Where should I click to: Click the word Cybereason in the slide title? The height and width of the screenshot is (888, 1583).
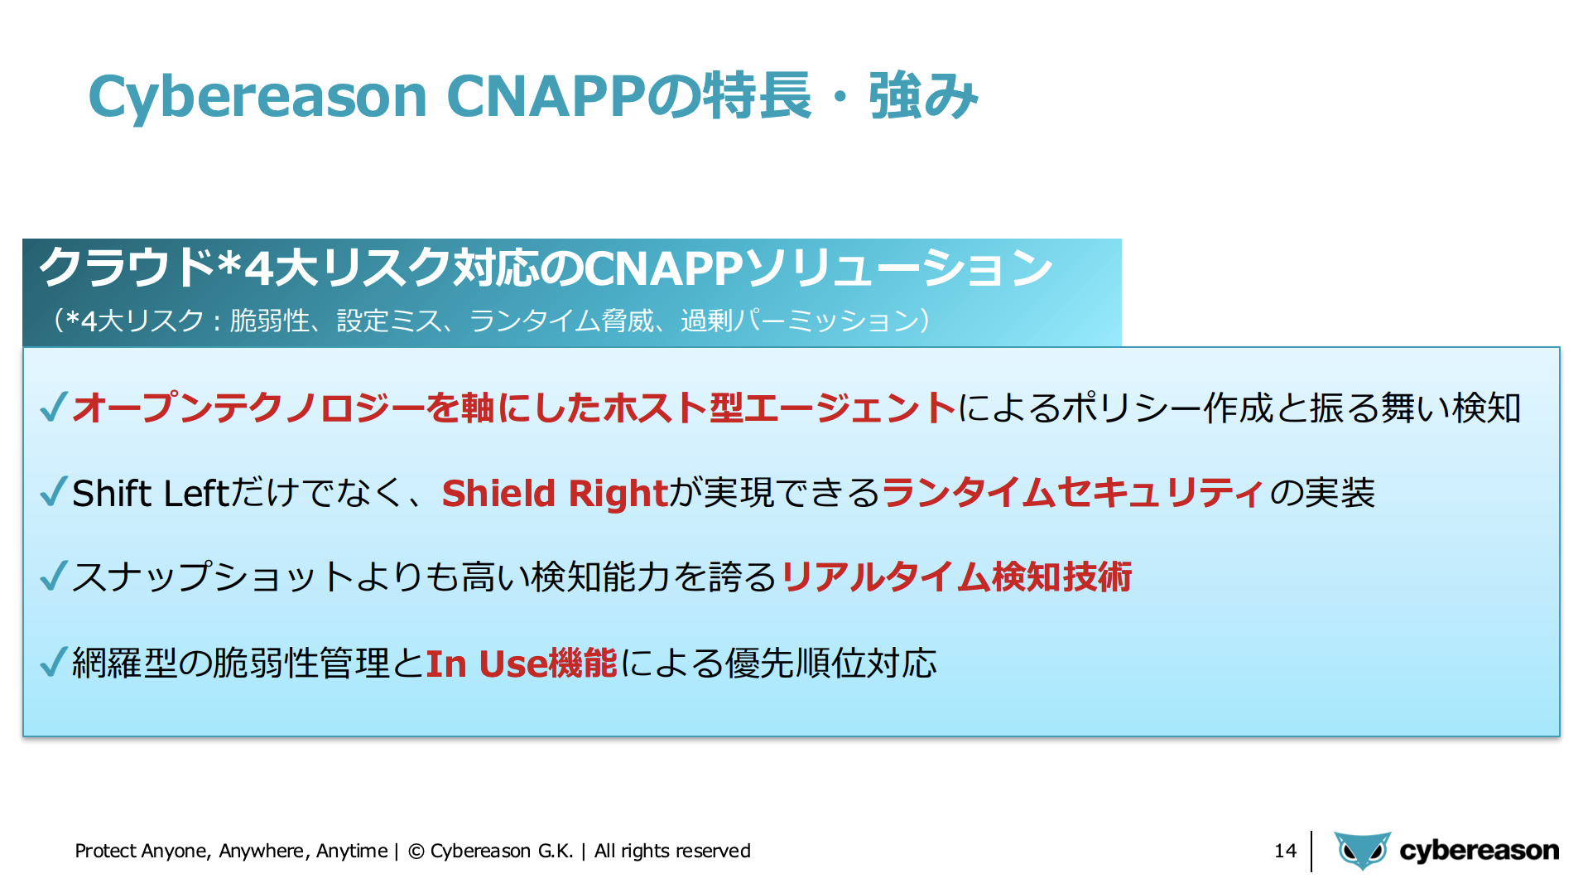point(257,97)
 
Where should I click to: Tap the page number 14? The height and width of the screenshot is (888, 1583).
point(1285,851)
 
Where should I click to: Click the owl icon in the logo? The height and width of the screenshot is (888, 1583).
point(1362,851)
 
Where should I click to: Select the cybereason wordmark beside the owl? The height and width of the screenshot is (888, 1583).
point(1479,851)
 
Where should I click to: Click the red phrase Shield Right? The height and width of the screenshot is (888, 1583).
point(555,493)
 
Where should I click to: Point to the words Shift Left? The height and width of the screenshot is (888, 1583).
point(150,493)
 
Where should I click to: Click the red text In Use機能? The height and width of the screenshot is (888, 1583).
point(522,664)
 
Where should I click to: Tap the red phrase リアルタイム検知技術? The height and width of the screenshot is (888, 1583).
point(956,577)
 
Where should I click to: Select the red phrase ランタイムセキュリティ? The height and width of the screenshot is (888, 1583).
point(1073,493)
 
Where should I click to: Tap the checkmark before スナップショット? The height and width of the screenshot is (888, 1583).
point(53,577)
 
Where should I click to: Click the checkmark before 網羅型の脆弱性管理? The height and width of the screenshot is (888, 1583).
point(53,662)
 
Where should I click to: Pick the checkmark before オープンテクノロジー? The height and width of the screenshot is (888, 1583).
point(53,407)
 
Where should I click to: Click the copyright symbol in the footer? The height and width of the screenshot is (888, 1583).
point(416,852)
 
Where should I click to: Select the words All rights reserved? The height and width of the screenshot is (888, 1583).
point(672,851)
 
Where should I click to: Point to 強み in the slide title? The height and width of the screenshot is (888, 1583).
point(924,96)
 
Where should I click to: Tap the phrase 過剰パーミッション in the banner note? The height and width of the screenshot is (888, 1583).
point(800,321)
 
